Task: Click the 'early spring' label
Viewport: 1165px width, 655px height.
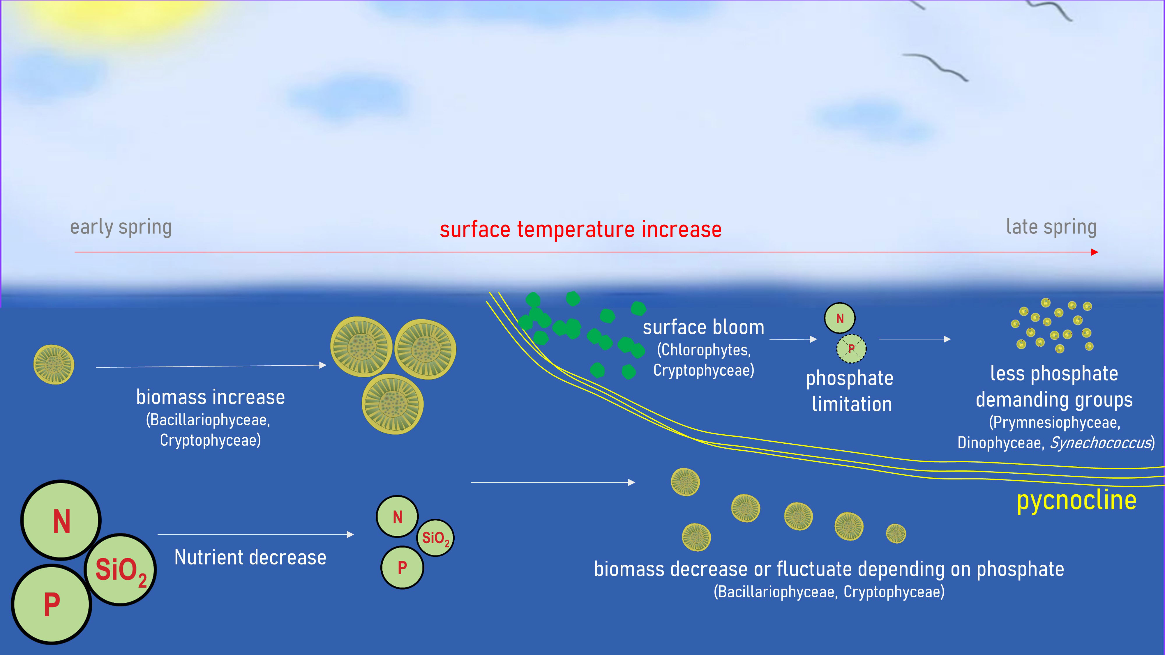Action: click(x=121, y=227)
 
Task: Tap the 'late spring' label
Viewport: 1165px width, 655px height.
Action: click(x=1051, y=227)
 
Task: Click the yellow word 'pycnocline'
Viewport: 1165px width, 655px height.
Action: click(x=1076, y=501)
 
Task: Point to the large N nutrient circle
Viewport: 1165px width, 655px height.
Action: click(x=61, y=520)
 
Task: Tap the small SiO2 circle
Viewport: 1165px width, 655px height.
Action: click(x=435, y=538)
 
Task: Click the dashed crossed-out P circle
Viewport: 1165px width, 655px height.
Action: click(x=851, y=348)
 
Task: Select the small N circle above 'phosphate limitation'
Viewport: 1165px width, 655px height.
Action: click(x=840, y=318)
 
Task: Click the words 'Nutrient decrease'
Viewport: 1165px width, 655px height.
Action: click(x=250, y=557)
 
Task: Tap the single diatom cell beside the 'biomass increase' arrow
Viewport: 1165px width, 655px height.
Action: click(x=54, y=365)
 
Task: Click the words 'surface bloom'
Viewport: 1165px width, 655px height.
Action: click(x=704, y=327)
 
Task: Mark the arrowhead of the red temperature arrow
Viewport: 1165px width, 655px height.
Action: click(x=1095, y=252)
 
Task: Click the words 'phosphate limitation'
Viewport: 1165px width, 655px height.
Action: click(x=850, y=391)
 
